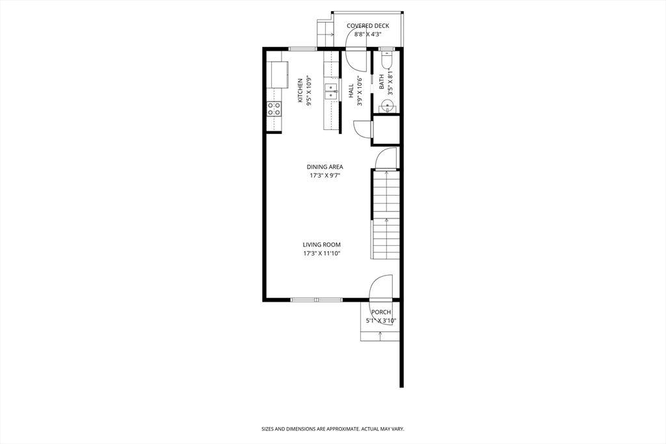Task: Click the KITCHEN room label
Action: pyautogui.click(x=300, y=90)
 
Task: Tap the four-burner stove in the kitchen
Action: pyautogui.click(x=274, y=109)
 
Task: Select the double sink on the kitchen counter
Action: pyautogui.click(x=332, y=91)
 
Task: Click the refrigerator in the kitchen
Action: pyautogui.click(x=277, y=74)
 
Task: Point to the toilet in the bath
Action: pyautogui.click(x=386, y=60)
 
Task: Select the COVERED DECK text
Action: pyautogui.click(x=367, y=26)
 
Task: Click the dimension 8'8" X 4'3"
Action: pyautogui.click(x=367, y=34)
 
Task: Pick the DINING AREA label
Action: pyautogui.click(x=325, y=167)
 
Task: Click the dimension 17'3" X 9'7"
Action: pyautogui.click(x=325, y=176)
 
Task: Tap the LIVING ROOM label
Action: pyautogui.click(x=321, y=245)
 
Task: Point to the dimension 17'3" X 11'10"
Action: pyautogui.click(x=321, y=254)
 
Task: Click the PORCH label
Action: pyautogui.click(x=380, y=312)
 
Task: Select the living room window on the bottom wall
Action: pyautogui.click(x=316, y=300)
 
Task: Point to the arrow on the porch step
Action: pyautogui.click(x=380, y=333)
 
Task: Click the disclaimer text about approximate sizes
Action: pyautogui.click(x=332, y=429)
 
